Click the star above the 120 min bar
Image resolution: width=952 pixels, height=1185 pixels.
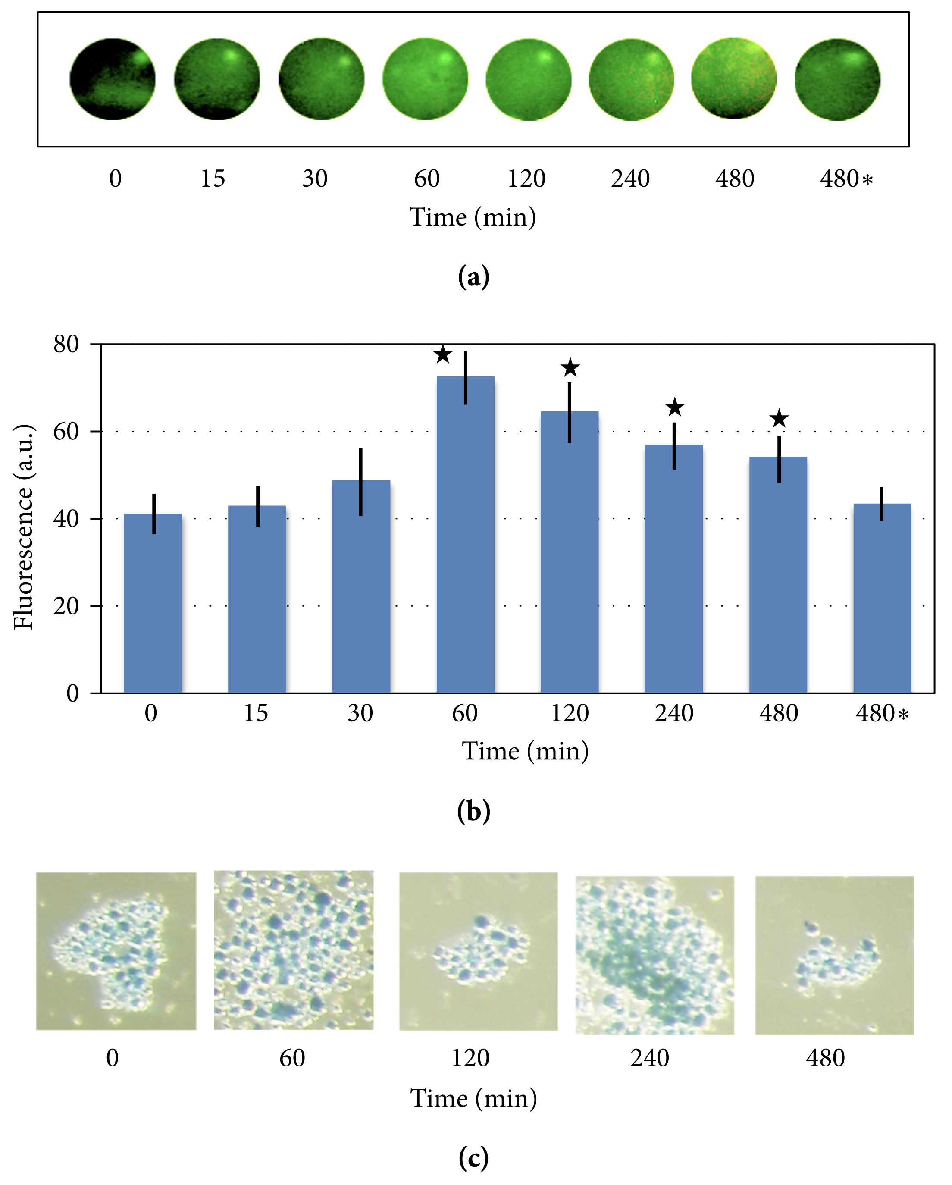point(570,368)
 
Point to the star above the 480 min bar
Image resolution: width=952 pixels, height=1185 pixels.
point(779,419)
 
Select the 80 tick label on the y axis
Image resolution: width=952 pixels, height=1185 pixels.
point(66,345)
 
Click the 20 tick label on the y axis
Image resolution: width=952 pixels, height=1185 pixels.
point(66,606)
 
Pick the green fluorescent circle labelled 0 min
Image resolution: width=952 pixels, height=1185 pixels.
point(113,79)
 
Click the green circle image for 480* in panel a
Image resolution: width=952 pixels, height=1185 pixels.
point(837,79)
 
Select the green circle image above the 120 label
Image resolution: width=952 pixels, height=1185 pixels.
point(528,79)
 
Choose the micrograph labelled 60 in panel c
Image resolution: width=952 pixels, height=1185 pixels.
point(294,950)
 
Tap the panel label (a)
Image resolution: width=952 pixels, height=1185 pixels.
point(473,277)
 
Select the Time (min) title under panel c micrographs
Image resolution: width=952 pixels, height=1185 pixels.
point(473,1099)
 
